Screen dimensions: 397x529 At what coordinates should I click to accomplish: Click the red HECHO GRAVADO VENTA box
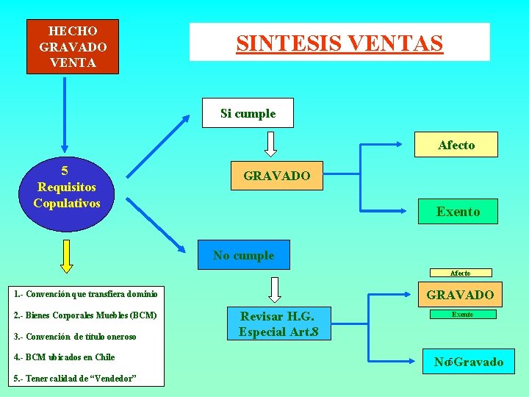72,46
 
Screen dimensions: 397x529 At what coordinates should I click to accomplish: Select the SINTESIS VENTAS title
339,42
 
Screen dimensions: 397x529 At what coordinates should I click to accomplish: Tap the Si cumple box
248,113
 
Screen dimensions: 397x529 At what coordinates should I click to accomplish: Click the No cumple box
243,255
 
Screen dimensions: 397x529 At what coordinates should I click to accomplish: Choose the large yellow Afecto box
456,145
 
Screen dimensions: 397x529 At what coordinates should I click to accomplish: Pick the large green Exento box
458,211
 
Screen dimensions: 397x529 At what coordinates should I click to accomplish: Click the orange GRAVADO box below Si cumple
276,176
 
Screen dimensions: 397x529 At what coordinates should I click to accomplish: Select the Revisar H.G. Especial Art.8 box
278,324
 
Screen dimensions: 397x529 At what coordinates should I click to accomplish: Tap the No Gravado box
469,362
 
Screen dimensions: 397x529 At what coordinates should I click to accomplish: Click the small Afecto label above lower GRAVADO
461,273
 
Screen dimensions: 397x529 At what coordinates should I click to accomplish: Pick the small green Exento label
462,314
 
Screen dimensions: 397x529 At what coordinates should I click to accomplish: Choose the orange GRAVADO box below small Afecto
460,295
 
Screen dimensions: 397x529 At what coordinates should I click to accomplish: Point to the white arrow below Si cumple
270,143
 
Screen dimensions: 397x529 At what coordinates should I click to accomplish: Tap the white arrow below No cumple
275,289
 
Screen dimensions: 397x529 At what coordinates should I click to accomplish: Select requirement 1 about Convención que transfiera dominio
86,294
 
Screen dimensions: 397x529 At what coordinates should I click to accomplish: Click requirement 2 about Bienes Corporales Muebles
86,315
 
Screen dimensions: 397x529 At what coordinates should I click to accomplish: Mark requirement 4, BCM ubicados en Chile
65,357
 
